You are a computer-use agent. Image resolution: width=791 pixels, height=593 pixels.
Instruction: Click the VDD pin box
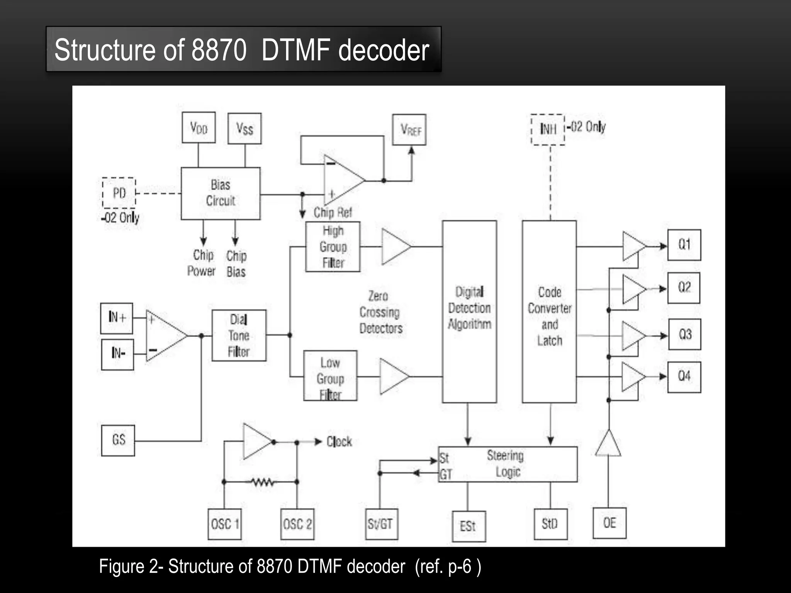(x=199, y=128)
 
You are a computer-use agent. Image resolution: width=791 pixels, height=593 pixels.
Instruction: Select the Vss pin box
(x=244, y=129)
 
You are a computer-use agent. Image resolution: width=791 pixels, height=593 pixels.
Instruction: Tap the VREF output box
(x=409, y=130)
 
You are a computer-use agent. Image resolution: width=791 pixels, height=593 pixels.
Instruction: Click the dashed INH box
(x=548, y=129)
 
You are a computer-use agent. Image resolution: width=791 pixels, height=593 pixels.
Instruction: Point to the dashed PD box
(x=119, y=193)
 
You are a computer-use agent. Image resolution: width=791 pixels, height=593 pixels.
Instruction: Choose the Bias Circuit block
(x=221, y=193)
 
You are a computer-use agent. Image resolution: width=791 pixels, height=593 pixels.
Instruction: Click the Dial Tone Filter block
(x=239, y=335)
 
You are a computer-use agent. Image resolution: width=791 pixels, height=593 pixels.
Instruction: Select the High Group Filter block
(x=333, y=247)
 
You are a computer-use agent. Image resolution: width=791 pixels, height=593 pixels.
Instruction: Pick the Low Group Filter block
(x=330, y=376)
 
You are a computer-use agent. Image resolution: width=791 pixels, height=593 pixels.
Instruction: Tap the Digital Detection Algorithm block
(x=469, y=311)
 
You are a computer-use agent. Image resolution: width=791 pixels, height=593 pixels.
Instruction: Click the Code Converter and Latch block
(x=549, y=311)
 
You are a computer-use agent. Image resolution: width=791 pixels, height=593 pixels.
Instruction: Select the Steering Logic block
(x=508, y=464)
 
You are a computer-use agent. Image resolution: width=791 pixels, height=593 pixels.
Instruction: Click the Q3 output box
(x=684, y=334)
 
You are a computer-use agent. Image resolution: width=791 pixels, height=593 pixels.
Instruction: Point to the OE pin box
(x=609, y=523)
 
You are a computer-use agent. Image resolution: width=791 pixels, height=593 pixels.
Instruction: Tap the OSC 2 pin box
(x=297, y=524)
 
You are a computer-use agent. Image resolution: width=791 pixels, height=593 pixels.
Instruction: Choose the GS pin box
(x=118, y=441)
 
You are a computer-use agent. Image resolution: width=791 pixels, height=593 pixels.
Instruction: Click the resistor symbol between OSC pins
(x=262, y=482)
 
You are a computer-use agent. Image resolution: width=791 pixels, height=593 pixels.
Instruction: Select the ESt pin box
(x=468, y=526)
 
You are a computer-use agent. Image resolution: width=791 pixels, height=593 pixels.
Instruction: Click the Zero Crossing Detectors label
(x=380, y=312)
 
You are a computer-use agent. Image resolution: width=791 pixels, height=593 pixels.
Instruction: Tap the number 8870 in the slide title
(x=219, y=50)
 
